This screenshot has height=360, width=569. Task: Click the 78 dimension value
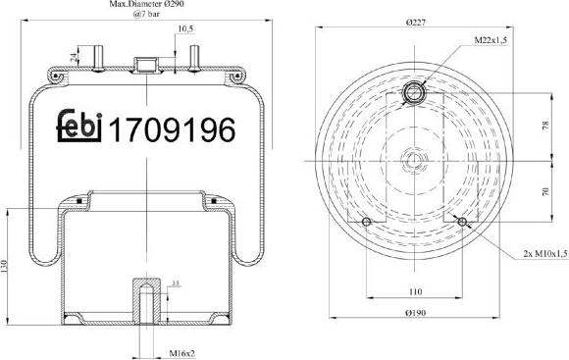click(x=545, y=127)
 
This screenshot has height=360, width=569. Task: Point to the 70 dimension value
click(x=545, y=191)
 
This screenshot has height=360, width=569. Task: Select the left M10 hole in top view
click(x=368, y=226)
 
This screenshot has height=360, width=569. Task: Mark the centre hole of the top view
click(x=413, y=159)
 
